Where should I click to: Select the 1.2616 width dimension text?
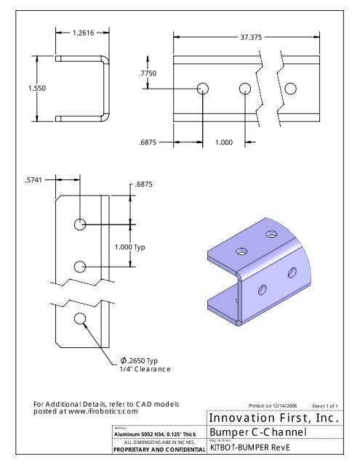(x=82, y=33)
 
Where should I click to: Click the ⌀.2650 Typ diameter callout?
(x=139, y=360)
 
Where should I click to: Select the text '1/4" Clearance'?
(x=145, y=370)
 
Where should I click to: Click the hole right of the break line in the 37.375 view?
(x=290, y=89)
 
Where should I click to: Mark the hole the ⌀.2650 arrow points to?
(x=79, y=318)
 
